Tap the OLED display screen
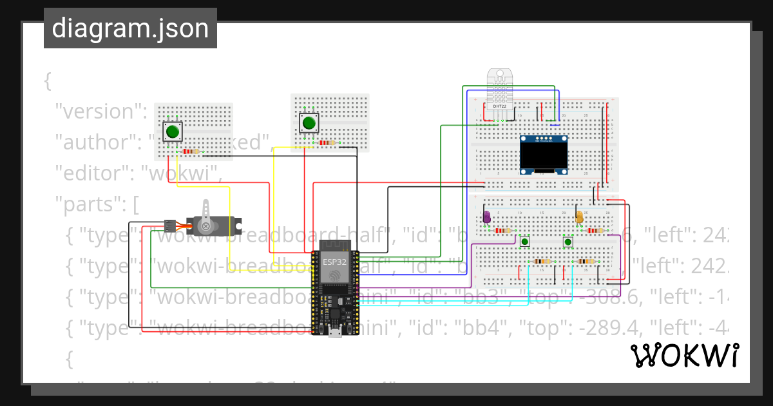(x=544, y=154)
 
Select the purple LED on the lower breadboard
(x=487, y=217)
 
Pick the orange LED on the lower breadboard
(x=579, y=217)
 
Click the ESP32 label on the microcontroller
(x=334, y=262)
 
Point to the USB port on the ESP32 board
(x=334, y=331)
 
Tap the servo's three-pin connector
(x=169, y=226)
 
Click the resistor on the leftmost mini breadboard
(x=191, y=152)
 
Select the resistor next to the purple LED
(x=503, y=230)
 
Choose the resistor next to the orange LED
(x=595, y=230)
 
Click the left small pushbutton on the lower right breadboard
(x=525, y=242)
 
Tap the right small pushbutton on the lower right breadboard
(x=568, y=242)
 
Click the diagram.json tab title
(x=130, y=28)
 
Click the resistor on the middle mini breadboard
(x=327, y=143)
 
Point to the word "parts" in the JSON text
(x=90, y=206)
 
